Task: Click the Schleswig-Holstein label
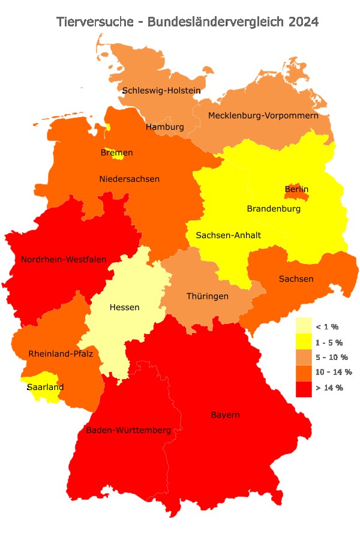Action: point(161,91)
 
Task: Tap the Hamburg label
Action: point(165,127)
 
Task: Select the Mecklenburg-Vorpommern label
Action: point(263,115)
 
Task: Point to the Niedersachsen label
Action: point(129,179)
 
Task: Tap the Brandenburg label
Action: point(274,209)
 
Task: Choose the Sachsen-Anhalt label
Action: point(228,235)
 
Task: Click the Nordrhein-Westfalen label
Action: point(64,260)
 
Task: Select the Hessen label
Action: point(124,307)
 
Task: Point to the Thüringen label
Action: point(207,296)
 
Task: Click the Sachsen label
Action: point(296,279)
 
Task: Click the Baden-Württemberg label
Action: point(128,430)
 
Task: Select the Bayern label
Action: point(225,415)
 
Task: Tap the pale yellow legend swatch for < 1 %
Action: point(304,326)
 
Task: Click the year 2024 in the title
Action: point(303,22)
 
